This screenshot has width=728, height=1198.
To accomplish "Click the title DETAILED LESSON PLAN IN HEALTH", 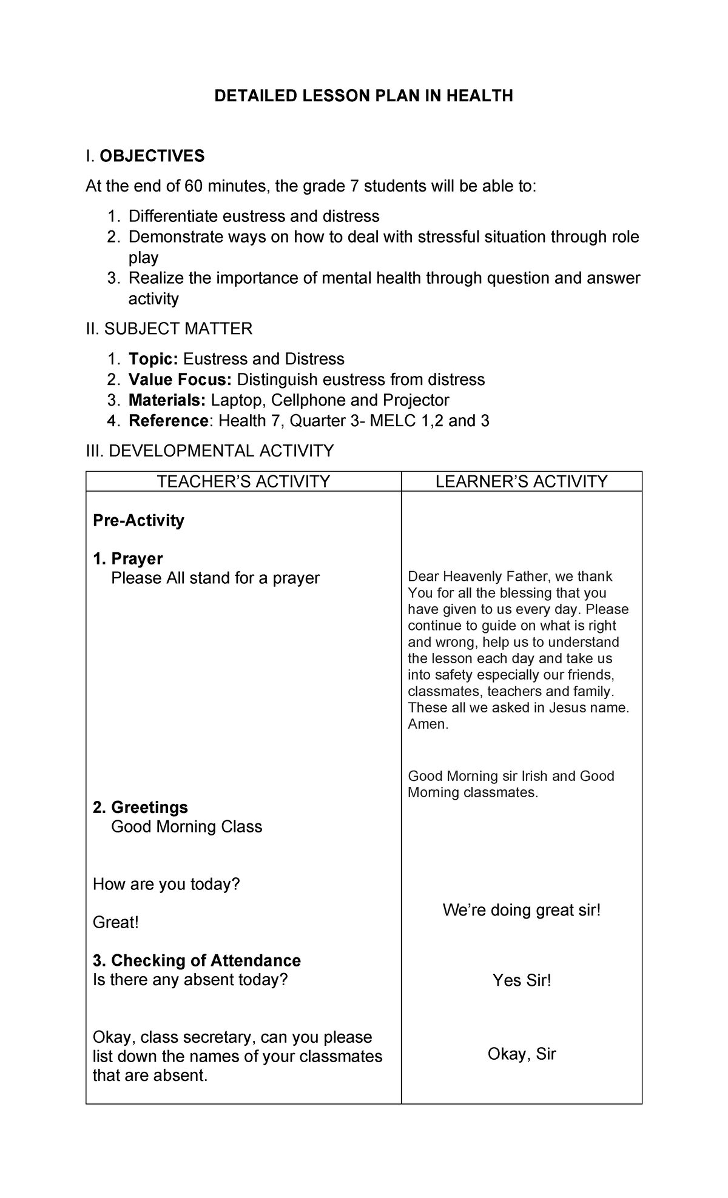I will [363, 96].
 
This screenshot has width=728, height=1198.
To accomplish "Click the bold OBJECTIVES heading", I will [152, 156].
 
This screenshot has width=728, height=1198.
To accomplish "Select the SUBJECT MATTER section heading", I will [169, 329].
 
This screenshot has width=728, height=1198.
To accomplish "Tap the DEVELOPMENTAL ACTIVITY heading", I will [210, 450].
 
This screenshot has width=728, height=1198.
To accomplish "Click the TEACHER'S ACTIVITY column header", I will [243, 481].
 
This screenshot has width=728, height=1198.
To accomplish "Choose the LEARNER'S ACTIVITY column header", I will [521, 481].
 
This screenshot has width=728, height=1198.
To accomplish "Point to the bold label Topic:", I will [153, 359].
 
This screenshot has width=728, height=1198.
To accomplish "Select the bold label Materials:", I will [167, 400].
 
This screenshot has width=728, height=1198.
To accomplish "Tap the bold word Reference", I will [169, 421].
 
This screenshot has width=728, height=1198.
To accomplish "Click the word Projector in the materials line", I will [416, 400].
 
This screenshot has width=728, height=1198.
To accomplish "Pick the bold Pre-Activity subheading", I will [138, 520].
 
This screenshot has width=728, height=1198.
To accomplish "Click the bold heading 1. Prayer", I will [128, 558].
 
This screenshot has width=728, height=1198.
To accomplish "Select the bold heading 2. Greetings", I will [140, 807].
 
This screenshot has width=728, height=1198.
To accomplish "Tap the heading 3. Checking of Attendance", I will [197, 960].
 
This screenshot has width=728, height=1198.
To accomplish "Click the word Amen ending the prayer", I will [427, 724].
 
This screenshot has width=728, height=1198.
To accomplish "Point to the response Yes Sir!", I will [522, 980].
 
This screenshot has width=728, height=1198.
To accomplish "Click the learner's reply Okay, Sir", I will [522, 1054].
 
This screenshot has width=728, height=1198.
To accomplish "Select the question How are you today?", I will [166, 884].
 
